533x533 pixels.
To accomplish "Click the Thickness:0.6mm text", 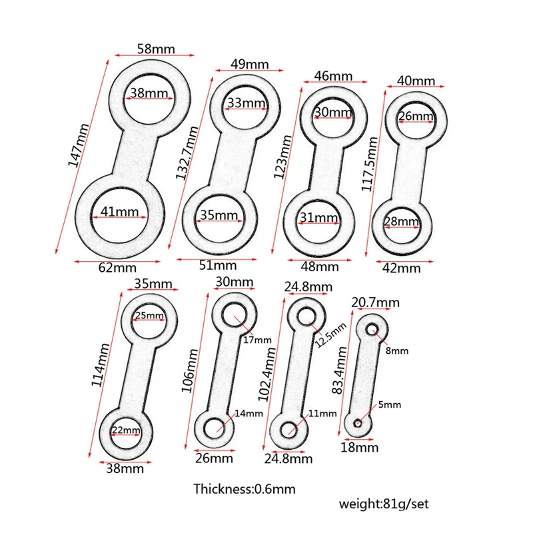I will [x=244, y=489].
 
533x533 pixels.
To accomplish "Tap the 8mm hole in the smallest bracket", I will [x=372, y=328].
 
